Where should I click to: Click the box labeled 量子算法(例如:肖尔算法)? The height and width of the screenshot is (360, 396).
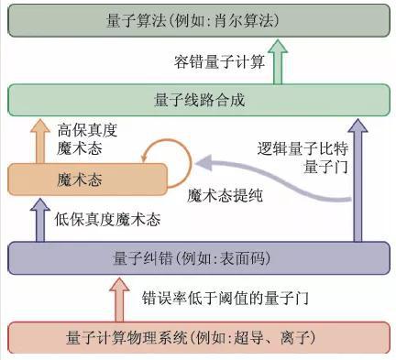[x=198, y=18]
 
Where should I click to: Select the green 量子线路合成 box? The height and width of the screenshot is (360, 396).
[x=198, y=99]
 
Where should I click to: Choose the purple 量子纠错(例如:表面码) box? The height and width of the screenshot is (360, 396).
[x=198, y=257]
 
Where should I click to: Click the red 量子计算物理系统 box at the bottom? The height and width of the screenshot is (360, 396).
[x=198, y=337]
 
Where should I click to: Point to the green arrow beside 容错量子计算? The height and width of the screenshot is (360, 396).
[x=279, y=60]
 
